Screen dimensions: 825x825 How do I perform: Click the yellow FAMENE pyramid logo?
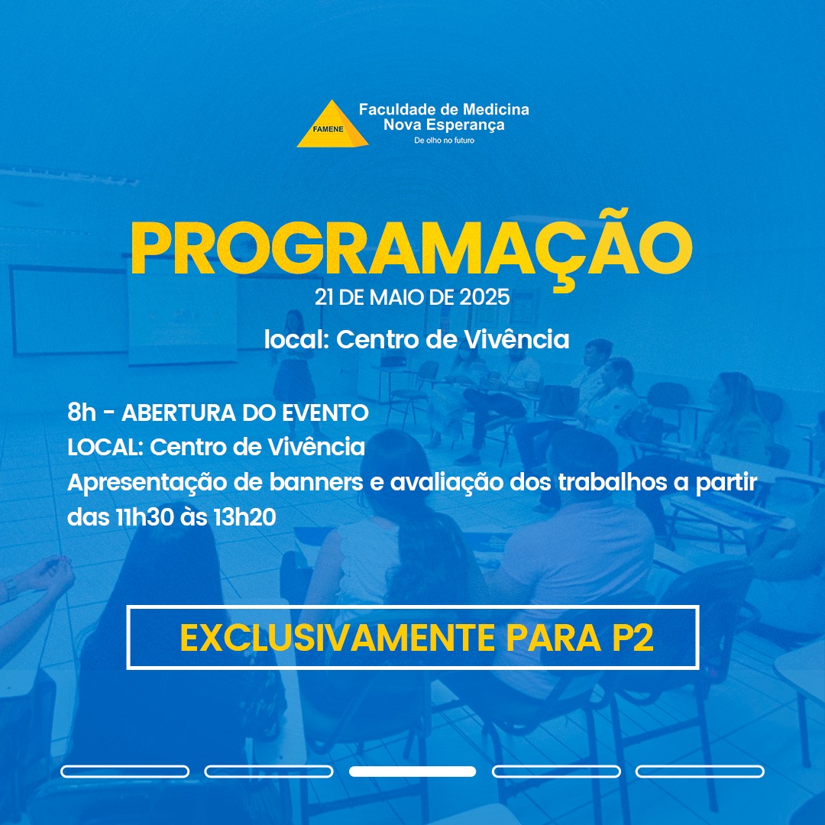click(332, 125)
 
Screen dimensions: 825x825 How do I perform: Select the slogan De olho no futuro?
click(444, 141)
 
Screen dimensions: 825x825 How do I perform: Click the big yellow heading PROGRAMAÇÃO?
click(412, 249)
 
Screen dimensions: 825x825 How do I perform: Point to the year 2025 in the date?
click(484, 297)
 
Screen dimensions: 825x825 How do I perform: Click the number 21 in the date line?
click(324, 297)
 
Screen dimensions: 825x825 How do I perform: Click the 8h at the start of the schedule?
click(82, 412)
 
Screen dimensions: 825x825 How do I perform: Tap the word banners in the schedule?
click(316, 482)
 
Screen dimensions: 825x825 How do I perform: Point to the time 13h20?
click(244, 517)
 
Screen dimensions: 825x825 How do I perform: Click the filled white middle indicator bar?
click(412, 772)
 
